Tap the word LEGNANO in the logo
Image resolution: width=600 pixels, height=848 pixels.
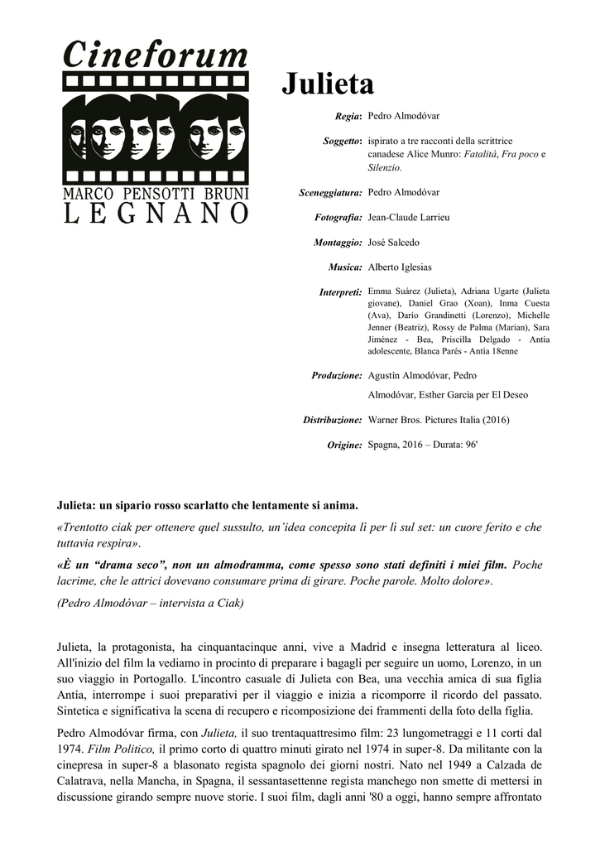tap(156, 214)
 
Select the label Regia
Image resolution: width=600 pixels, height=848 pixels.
tap(348, 118)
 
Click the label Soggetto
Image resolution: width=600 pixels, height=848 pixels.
tap(342, 142)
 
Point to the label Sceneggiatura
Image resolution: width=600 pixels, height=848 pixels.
tap(330, 193)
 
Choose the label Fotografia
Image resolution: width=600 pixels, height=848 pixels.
tap(338, 217)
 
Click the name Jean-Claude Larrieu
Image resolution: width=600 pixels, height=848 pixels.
tap(408, 217)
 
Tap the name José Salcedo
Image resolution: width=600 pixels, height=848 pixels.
tap(393, 243)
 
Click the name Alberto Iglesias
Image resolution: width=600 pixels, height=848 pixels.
tap(400, 267)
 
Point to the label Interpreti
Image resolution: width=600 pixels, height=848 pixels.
tap(340, 292)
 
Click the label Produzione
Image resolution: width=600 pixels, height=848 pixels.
tap(337, 376)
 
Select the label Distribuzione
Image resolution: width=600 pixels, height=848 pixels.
tap(333, 420)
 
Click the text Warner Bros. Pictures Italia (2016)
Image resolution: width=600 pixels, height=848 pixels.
tap(438, 420)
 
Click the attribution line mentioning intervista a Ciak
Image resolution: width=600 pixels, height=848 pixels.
tap(150, 603)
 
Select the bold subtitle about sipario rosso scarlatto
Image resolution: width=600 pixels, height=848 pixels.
tap(207, 503)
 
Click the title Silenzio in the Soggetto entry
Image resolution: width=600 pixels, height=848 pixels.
tap(384, 167)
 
